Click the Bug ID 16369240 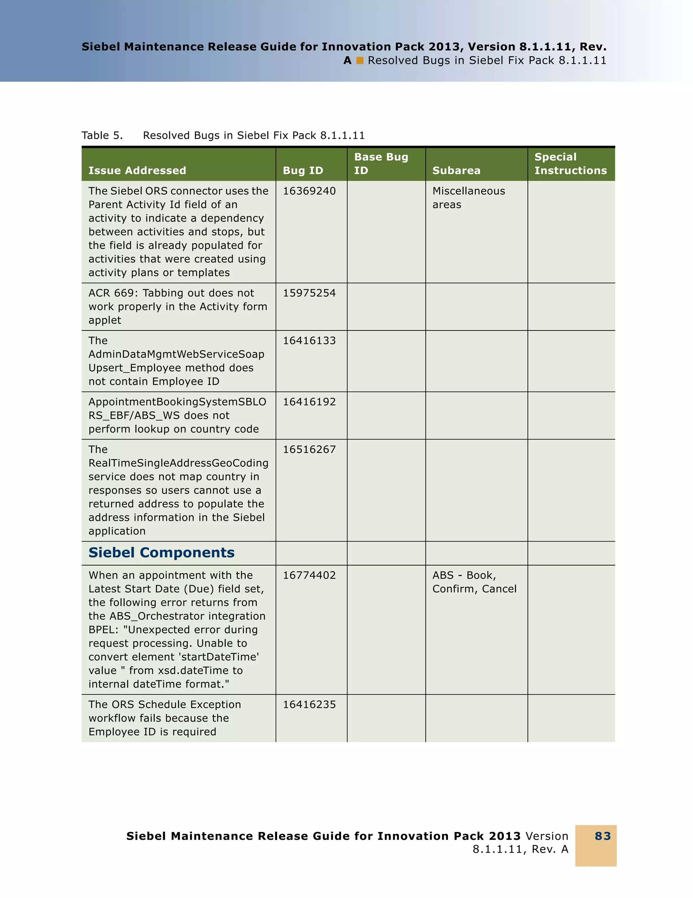tap(309, 191)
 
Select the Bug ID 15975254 tap(309, 293)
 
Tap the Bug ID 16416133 tap(309, 341)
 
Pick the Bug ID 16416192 tap(309, 402)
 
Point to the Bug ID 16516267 tap(309, 450)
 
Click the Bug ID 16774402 tap(309, 576)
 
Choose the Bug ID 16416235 tap(309, 705)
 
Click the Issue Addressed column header tap(137, 170)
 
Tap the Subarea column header tap(456, 170)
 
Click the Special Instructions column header tap(570, 164)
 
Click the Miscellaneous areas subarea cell tap(468, 198)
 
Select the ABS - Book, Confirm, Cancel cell tap(474, 582)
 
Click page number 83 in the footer tap(603, 836)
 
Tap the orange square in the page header tap(360, 61)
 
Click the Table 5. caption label tap(102, 136)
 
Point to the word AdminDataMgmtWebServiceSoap tap(176, 354)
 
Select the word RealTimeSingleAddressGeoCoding tap(178, 463)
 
